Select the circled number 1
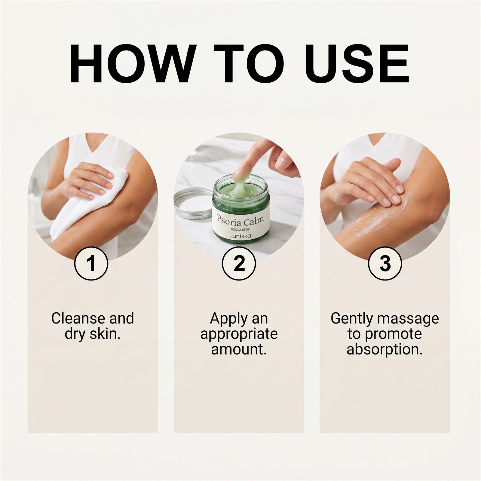pyautogui.click(x=91, y=263)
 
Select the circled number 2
pyautogui.click(x=239, y=263)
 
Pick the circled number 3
pyautogui.click(x=385, y=263)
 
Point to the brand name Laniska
pyautogui.click(x=240, y=236)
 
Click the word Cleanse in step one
pyautogui.click(x=78, y=318)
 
